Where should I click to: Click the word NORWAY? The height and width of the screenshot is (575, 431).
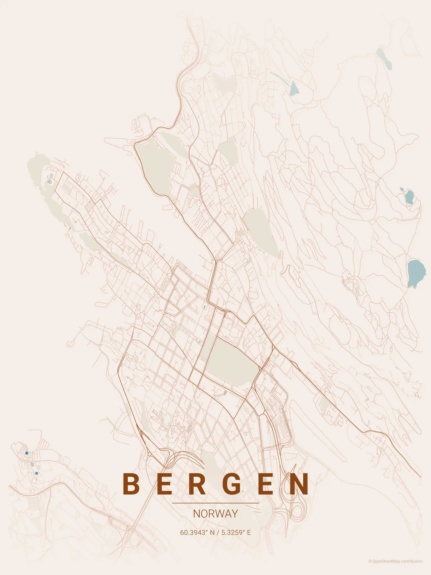(x=215, y=513)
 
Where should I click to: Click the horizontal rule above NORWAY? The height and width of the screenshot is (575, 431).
(x=215, y=503)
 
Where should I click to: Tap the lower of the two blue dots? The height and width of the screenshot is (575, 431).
(x=36, y=473)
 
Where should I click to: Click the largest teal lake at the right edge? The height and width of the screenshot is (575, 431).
(x=416, y=273)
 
